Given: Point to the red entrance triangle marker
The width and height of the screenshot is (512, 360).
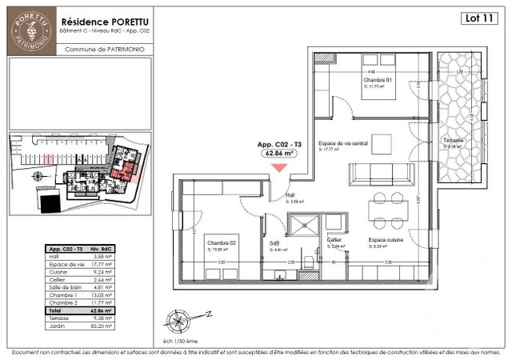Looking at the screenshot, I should (278, 167).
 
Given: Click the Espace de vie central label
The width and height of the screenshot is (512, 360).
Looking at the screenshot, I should (342, 143).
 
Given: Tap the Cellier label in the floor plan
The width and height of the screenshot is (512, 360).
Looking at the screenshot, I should (334, 241).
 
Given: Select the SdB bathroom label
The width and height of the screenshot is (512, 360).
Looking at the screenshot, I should (274, 244).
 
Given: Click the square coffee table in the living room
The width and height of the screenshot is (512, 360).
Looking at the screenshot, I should (383, 143).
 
